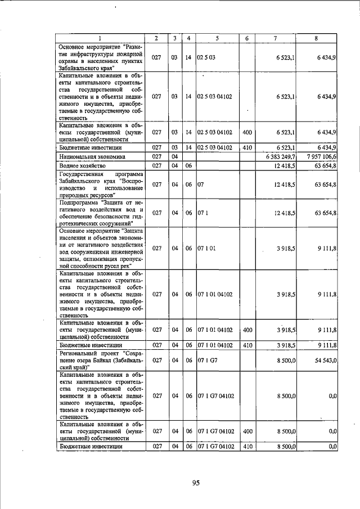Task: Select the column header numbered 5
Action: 217,38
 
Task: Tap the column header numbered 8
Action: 318,38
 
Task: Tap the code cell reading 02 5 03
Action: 205,57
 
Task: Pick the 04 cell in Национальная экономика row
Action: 175,156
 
